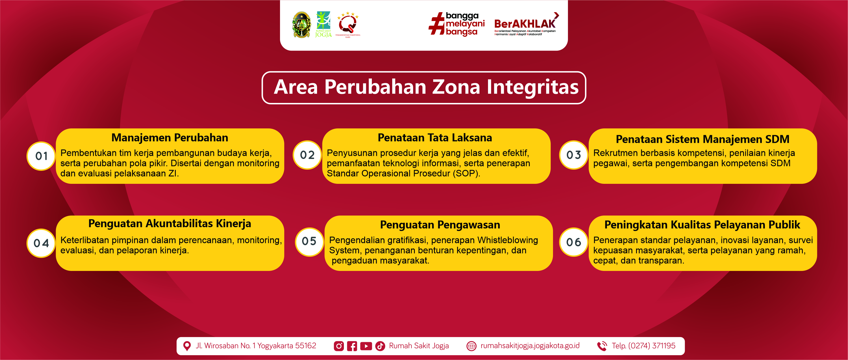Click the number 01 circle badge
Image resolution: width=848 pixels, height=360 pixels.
[41, 156]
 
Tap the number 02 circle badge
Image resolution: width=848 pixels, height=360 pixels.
[307, 155]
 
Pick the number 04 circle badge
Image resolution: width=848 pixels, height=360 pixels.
[41, 243]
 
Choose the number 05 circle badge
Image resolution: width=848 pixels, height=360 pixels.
[309, 242]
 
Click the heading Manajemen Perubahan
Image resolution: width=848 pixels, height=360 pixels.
[170, 138]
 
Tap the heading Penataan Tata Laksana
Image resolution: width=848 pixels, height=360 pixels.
[435, 138]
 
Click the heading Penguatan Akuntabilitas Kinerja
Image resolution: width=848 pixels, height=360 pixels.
[170, 224]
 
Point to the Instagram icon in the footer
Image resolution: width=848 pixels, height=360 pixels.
[339, 346]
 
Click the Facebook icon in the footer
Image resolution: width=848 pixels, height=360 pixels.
[352, 346]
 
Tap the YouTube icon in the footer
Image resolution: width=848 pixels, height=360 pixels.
[366, 346]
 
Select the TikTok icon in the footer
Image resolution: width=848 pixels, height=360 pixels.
[380, 346]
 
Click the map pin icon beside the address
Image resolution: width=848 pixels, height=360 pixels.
[187, 346]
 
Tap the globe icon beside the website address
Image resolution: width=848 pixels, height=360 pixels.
[471, 346]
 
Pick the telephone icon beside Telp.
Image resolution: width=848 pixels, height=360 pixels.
[602, 346]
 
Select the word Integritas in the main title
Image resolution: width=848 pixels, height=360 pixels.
[533, 87]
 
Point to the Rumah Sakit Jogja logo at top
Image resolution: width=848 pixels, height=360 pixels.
[323, 24]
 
